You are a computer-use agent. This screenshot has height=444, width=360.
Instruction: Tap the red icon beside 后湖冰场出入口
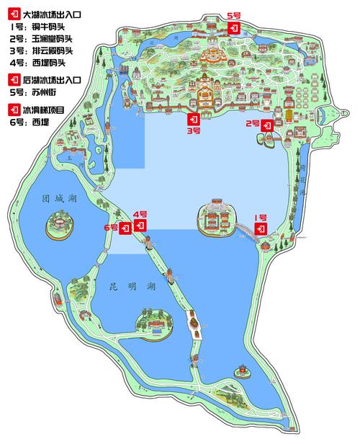click(x=13, y=79)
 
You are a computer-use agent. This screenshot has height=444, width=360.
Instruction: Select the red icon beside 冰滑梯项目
click(x=13, y=110)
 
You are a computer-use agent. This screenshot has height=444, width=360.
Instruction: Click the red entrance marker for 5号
click(x=233, y=27)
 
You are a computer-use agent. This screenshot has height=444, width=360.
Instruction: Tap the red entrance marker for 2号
click(x=266, y=125)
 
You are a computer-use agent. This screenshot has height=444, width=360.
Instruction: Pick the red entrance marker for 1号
click(x=261, y=228)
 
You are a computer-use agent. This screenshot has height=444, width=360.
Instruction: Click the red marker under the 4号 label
click(x=141, y=226)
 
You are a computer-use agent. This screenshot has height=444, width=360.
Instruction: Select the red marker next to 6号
click(x=125, y=228)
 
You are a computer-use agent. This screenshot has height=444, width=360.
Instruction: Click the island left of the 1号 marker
click(x=216, y=217)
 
